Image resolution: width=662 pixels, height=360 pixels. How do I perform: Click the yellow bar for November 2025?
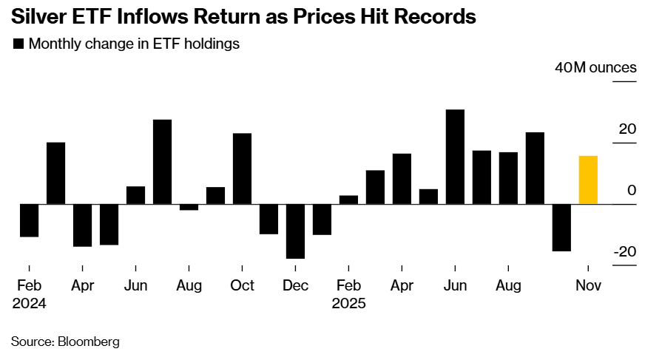[x=588, y=180]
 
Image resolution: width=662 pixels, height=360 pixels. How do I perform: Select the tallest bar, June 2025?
[x=455, y=157]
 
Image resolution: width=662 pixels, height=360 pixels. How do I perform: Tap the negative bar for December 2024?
[x=295, y=231]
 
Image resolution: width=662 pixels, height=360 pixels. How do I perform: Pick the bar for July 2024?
[x=163, y=161]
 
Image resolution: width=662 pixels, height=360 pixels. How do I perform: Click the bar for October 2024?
[x=242, y=169]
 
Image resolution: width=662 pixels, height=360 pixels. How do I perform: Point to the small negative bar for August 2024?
[x=189, y=207]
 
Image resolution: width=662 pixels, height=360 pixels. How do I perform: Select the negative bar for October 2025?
[x=561, y=227]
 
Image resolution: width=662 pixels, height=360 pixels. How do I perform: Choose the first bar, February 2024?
[x=30, y=220]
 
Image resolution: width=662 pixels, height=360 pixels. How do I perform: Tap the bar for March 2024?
[x=56, y=173]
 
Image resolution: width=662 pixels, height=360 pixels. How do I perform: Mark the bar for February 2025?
[x=348, y=200]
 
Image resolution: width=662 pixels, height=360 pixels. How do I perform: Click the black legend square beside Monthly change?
[x=18, y=44]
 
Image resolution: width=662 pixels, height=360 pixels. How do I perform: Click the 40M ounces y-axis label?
[x=595, y=68]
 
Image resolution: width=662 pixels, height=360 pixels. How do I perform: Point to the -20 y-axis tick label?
[x=624, y=252]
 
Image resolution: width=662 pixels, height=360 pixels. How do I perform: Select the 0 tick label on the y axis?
[x=631, y=191]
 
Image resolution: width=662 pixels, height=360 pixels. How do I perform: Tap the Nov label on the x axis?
[x=588, y=285]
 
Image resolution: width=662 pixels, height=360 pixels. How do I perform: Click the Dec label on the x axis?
[x=295, y=285]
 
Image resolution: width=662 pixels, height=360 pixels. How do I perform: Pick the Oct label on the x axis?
[x=242, y=285]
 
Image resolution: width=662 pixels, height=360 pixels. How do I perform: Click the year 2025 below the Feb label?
[x=348, y=303]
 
